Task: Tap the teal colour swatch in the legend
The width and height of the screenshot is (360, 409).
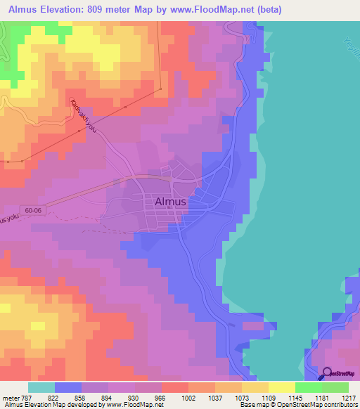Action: tap(41, 387)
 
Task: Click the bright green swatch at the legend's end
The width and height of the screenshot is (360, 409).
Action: tap(335, 387)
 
